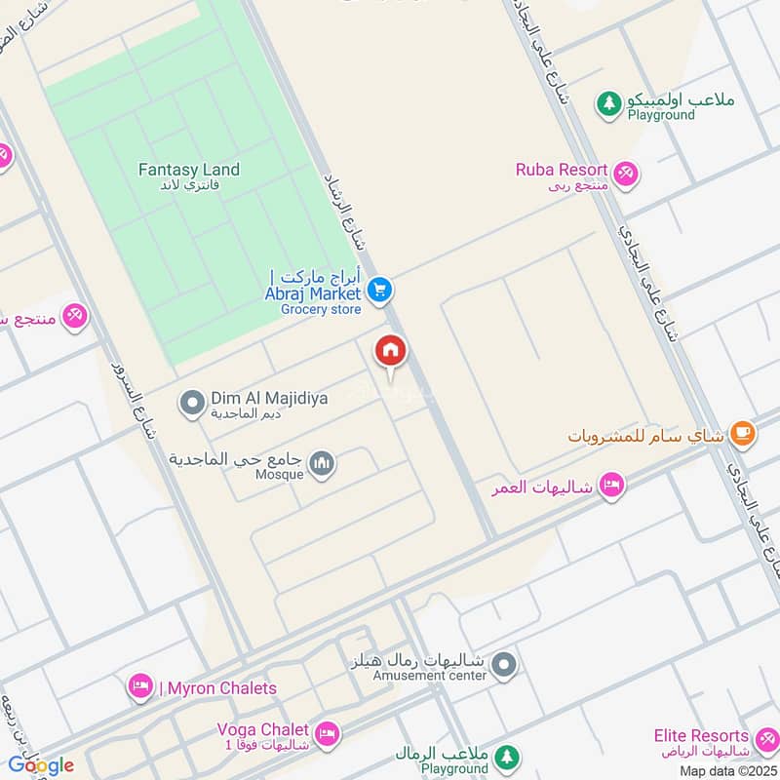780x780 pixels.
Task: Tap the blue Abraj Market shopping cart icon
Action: [381, 291]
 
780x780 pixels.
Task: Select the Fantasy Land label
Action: [188, 170]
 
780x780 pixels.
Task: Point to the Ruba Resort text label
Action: [562, 170]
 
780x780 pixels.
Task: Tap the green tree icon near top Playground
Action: [609, 102]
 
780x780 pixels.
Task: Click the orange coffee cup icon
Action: [743, 433]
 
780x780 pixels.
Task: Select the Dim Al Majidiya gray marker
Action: [193, 401]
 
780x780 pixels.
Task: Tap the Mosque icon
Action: [323, 464]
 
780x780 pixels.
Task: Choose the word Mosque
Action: [280, 475]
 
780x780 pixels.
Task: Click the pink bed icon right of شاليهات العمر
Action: [611, 485]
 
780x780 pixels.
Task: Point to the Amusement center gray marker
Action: [503, 666]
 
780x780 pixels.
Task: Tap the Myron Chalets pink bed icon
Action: [141, 687]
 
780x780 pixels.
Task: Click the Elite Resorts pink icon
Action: [766, 737]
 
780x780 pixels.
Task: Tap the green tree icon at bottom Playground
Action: [505, 757]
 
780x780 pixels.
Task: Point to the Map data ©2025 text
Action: [727, 771]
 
